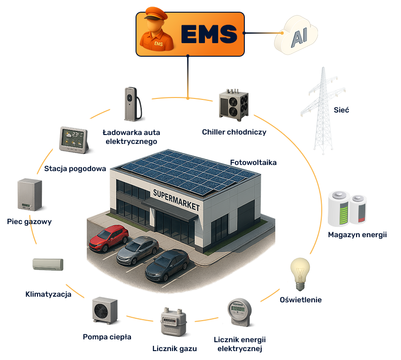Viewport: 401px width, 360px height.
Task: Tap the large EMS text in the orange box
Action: pos(209,34)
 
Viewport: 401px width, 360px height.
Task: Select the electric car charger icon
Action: pos(132,104)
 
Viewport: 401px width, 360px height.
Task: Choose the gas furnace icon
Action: pos(30,195)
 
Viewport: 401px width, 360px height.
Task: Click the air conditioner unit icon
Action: pos(48,264)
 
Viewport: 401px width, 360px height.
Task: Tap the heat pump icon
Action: pos(105,310)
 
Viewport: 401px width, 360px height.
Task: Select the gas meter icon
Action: pos(174,322)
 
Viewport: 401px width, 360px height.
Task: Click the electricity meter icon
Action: pos(239,312)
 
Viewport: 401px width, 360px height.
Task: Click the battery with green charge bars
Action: pos(339,209)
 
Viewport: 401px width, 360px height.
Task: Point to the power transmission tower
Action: pos(323,111)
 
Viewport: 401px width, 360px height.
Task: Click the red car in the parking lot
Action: pos(109,238)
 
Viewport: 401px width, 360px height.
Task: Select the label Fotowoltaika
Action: pos(253,163)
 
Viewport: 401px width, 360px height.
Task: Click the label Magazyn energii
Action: pos(357,235)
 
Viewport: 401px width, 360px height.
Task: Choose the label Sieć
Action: pos(341,110)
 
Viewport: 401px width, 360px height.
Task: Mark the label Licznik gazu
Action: pos(174,348)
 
